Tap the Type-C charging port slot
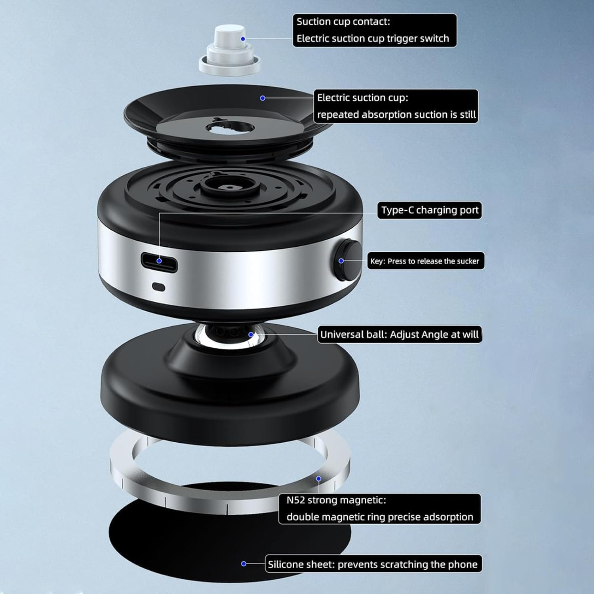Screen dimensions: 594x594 [x=159, y=261]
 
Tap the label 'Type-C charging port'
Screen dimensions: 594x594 [x=429, y=210]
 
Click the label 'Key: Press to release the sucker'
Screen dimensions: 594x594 [x=425, y=261]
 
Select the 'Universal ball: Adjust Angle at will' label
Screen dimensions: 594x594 [x=399, y=335]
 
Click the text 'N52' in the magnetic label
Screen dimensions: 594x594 [x=296, y=500]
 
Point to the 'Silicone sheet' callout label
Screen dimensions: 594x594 [x=373, y=564]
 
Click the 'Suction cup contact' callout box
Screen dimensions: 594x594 [x=374, y=30]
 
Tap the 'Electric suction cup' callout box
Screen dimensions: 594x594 [x=396, y=106]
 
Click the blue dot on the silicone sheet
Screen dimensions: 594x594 [x=244, y=564]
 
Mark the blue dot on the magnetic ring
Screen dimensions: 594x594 [x=318, y=479]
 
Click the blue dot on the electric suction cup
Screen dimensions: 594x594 [x=263, y=98]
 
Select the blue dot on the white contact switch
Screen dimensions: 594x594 [x=243, y=39]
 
